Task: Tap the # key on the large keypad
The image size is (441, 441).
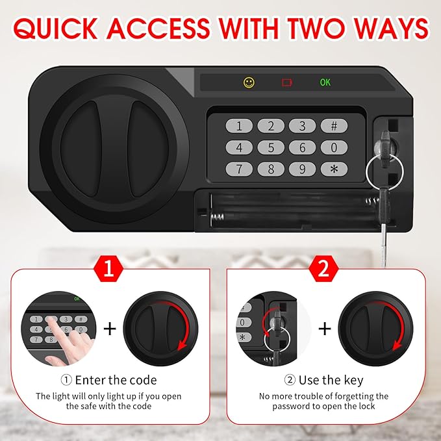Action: [x=334, y=126]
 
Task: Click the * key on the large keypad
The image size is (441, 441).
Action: [x=334, y=170]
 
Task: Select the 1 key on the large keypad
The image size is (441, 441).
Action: [x=239, y=126]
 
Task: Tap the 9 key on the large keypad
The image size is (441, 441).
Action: [x=302, y=170]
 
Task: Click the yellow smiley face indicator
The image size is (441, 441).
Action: [x=249, y=82]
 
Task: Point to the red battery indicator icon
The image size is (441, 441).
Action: [x=287, y=82]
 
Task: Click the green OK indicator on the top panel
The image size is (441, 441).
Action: [x=325, y=82]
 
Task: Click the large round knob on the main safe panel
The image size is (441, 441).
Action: [x=111, y=147]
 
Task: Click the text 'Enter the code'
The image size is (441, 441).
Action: [x=116, y=380]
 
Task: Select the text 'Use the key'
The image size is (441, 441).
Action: [x=331, y=380]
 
